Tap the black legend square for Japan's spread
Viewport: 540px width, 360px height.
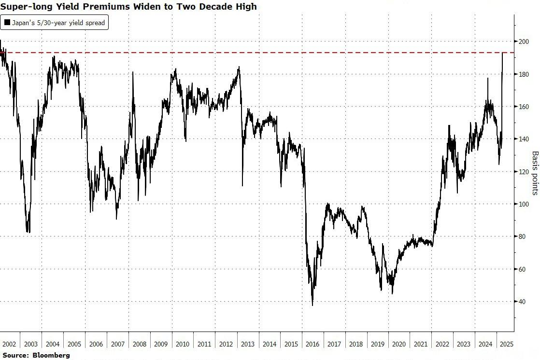pyautogui.click(x=7, y=22)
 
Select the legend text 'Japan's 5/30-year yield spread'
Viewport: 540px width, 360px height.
pyautogui.click(x=58, y=22)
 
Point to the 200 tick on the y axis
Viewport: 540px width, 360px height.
pyautogui.click(x=523, y=42)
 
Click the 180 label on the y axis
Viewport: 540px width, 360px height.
pyautogui.click(x=523, y=74)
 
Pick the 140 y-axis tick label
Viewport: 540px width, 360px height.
pyautogui.click(x=523, y=139)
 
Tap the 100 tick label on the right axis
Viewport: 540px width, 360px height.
pyautogui.click(x=523, y=204)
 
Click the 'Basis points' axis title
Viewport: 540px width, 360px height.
pyautogui.click(x=535, y=173)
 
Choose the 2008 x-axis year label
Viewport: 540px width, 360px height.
pyautogui.click(x=139, y=344)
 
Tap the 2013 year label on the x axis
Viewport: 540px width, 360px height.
pyautogui.click(x=248, y=344)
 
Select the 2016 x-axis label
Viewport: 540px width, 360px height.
pyautogui.click(x=313, y=344)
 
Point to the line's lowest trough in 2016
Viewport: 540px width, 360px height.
pyautogui.click(x=313, y=305)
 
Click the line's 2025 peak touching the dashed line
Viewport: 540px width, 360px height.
pyautogui.click(x=503, y=53)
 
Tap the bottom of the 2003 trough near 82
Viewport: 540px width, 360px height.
pyautogui.click(x=28, y=232)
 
